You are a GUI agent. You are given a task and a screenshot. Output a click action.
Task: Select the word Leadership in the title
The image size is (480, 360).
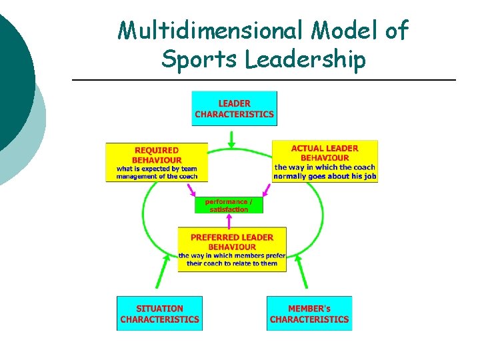coord(305,60)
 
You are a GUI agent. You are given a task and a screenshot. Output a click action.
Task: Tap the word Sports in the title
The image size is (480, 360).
coord(199,60)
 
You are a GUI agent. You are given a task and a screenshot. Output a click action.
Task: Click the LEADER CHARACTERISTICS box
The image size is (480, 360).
coord(234,109)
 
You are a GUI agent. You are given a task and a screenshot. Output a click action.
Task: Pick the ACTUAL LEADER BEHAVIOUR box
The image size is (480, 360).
coord(325,161)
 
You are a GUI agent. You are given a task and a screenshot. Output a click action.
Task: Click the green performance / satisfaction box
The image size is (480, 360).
coord(229,205)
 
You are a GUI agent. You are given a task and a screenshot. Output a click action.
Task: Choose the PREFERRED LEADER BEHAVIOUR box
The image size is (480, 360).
coord(231,249)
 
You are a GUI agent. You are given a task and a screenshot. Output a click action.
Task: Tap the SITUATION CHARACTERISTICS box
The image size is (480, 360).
coord(159,313)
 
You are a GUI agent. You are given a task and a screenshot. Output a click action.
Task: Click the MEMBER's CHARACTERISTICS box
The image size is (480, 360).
coord(309,313)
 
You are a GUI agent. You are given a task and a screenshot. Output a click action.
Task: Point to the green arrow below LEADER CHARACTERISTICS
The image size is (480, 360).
coord(231,138)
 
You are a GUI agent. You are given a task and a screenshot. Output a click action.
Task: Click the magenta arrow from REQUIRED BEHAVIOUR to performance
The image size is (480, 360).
coord(193,191)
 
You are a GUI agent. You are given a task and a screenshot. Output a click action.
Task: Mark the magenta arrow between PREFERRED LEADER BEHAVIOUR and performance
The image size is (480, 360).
coord(229,221)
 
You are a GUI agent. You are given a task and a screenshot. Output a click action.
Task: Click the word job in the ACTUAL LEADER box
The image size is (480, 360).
coord(370,177)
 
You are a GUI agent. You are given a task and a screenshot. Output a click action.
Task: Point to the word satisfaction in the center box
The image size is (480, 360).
coord(229,209)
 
